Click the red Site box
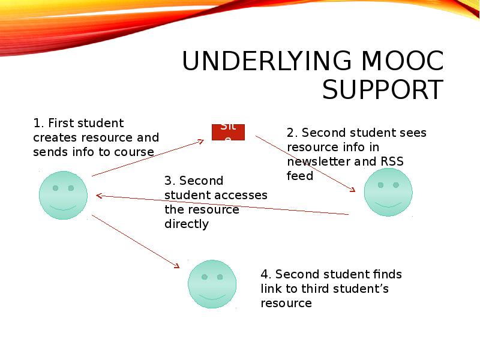point(228,132)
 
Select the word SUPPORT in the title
point(382,90)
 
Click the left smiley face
point(63,195)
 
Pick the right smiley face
point(388,192)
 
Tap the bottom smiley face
point(212,284)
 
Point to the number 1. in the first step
point(38,124)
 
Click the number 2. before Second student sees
point(292,133)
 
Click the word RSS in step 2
point(392,161)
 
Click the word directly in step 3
point(186,224)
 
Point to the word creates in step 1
point(53,138)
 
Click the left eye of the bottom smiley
point(205,277)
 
